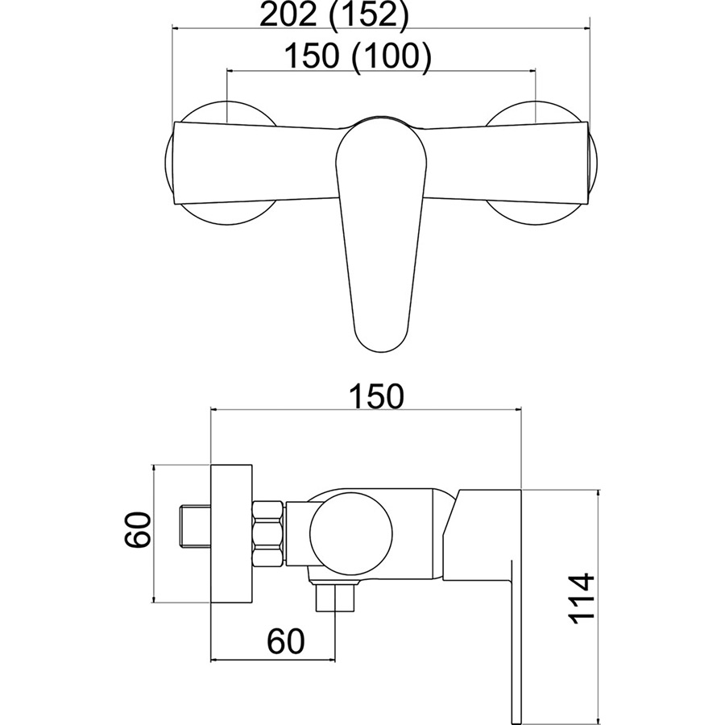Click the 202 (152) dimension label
pyautogui.click(x=335, y=17)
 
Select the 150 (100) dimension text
pyautogui.click(x=358, y=56)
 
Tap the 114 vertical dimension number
pyautogui.click(x=580, y=599)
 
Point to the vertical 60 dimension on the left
pyautogui.click(x=138, y=529)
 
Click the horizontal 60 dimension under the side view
pyautogui.click(x=286, y=641)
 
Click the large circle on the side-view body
pyautogui.click(x=351, y=534)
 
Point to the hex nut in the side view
pyautogui.click(x=268, y=533)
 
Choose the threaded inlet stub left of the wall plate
pyautogui.click(x=194, y=527)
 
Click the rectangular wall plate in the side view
pyautogui.click(x=232, y=533)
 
